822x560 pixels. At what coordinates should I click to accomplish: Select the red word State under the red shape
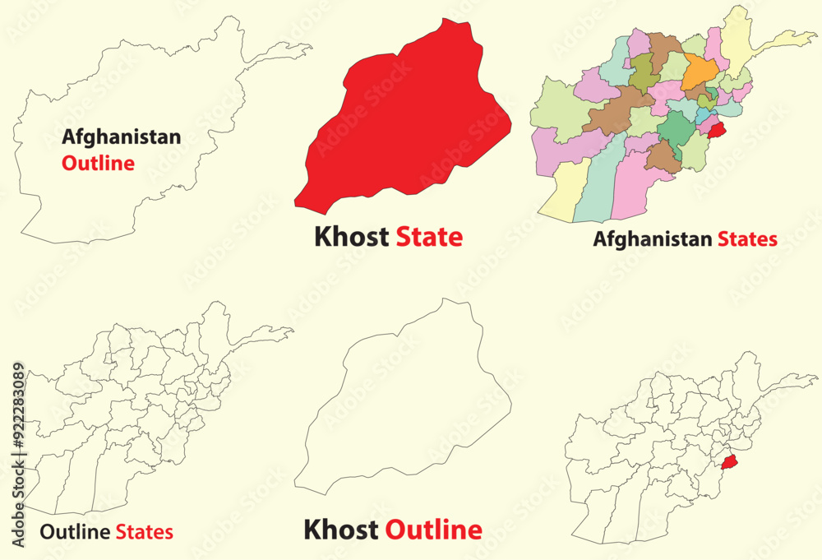pyautogui.click(x=429, y=238)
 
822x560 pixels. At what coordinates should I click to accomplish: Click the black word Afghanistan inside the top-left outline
pyautogui.click(x=121, y=137)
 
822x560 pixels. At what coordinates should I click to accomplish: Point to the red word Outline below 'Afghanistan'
pyautogui.click(x=98, y=163)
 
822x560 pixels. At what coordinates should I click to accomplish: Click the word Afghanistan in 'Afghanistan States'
pyautogui.click(x=653, y=240)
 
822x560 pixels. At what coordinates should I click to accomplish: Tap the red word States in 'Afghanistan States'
pyautogui.click(x=746, y=240)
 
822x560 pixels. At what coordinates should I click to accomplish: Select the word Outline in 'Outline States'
pyautogui.click(x=75, y=532)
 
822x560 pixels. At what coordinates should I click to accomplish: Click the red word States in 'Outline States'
pyautogui.click(x=144, y=532)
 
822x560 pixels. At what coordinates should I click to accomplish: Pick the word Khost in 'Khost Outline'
pyautogui.click(x=341, y=530)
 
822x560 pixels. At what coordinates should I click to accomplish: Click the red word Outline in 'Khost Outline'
pyautogui.click(x=433, y=530)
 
